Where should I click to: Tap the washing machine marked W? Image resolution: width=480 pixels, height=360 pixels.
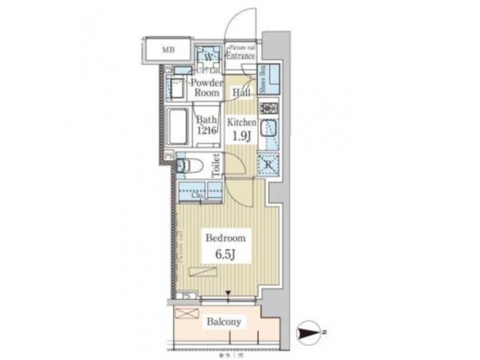tap(209, 56)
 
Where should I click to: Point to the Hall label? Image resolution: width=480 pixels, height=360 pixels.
tap(241, 93)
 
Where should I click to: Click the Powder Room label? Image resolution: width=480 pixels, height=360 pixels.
tap(205, 88)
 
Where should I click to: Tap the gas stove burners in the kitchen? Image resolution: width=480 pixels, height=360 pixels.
tap(269, 108)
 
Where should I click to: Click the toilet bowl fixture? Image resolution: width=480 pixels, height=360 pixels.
tap(189, 166)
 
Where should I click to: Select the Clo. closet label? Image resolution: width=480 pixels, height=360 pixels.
tap(199, 195)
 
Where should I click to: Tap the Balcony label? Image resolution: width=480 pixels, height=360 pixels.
tap(223, 322)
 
